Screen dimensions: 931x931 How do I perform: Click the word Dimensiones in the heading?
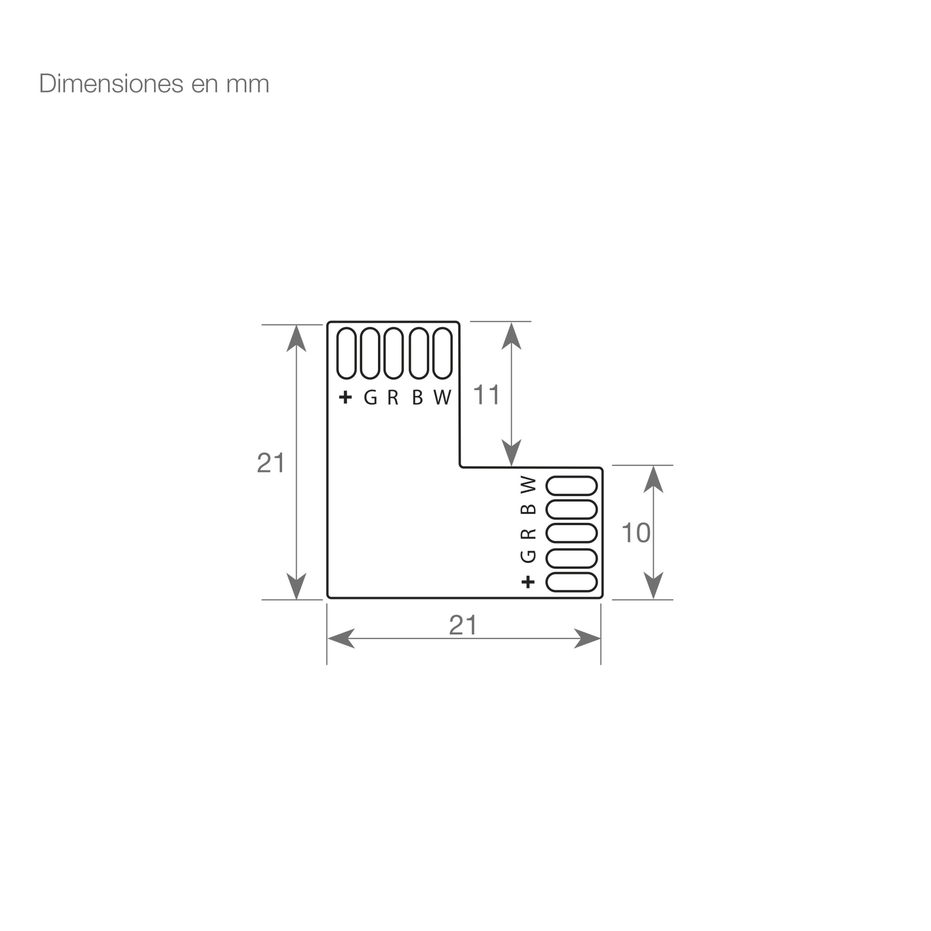[x=111, y=84]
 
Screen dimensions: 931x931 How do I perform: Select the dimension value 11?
[x=487, y=395]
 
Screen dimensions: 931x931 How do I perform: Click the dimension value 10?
[x=636, y=533]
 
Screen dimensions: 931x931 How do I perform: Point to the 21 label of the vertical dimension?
[x=271, y=463]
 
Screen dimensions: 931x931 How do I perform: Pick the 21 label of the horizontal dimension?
[x=463, y=626]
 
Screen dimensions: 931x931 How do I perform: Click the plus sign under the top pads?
[x=345, y=397]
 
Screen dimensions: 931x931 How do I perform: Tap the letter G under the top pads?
[x=371, y=397]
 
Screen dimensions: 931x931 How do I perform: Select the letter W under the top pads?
[x=442, y=397]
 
